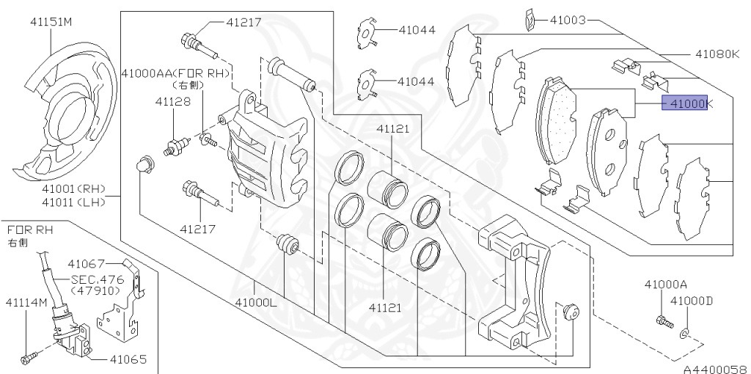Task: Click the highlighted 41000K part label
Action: coord(684,103)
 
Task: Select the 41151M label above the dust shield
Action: coord(51,21)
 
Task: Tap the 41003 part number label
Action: coord(568,20)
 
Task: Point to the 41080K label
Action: coord(717,54)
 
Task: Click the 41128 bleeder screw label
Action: coord(172,101)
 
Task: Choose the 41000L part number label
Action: coord(256,303)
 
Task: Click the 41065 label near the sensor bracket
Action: coord(128,359)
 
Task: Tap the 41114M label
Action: coord(27,302)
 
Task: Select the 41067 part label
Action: coord(86,263)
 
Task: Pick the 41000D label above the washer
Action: coord(691,301)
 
